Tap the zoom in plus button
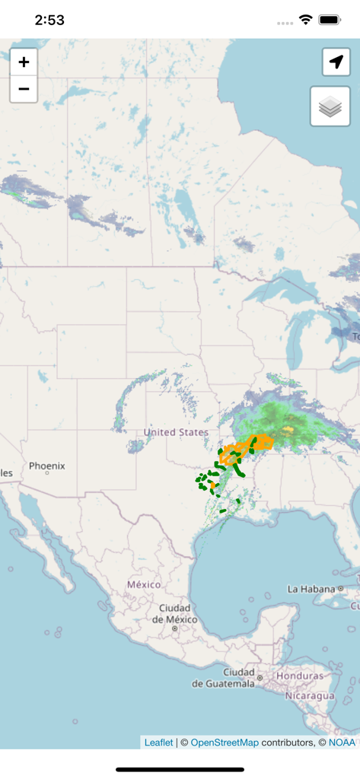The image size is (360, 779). (24, 62)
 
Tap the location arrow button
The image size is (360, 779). (336, 62)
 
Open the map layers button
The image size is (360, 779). (330, 107)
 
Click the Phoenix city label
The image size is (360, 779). (47, 466)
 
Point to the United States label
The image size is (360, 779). (176, 432)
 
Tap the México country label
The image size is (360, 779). (144, 584)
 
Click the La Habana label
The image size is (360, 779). (311, 589)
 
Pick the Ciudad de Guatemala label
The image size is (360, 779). (223, 678)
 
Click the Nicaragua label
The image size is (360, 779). (310, 695)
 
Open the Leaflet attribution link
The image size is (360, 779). (158, 742)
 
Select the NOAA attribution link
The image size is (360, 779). (342, 742)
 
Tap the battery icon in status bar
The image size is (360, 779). (330, 20)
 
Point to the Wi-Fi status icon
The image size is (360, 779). (306, 20)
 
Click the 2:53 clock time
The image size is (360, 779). (49, 21)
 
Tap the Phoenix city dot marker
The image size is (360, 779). (47, 473)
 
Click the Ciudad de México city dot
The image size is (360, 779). (174, 628)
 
